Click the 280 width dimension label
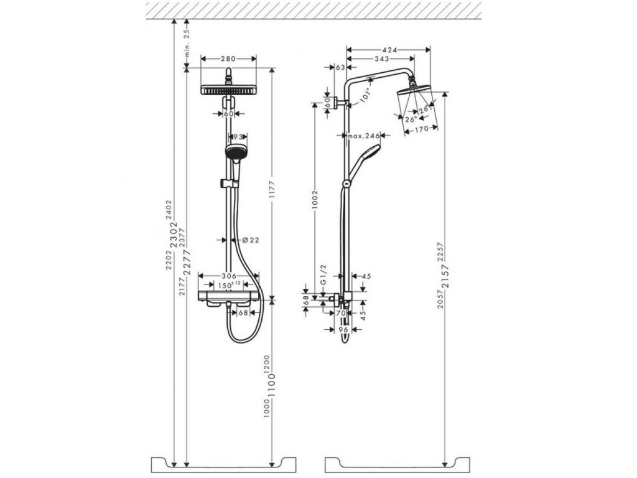[x=228, y=59]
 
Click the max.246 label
[x=364, y=135]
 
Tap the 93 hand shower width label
[x=237, y=136]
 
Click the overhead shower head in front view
[x=229, y=90]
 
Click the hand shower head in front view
[x=235, y=152]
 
